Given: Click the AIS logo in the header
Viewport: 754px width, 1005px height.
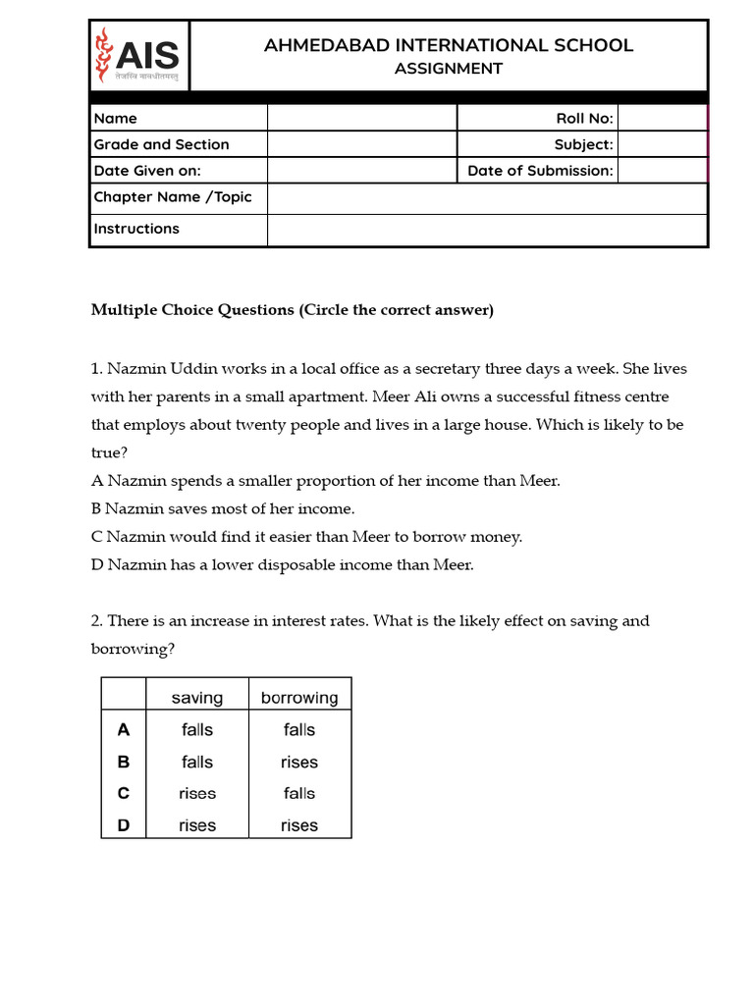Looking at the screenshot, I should tap(137, 55).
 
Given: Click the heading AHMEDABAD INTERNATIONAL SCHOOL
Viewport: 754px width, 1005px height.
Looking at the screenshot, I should tap(449, 45).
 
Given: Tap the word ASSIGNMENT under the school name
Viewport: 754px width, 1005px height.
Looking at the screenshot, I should tap(448, 69).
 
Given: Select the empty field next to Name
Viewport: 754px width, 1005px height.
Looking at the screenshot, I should tap(361, 118).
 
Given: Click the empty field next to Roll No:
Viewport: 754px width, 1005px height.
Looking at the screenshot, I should tap(662, 118).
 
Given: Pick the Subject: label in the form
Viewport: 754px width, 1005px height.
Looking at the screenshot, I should tap(583, 144).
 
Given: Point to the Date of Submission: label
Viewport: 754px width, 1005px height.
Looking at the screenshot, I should tap(540, 171).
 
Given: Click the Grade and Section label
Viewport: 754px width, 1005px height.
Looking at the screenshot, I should tap(161, 144).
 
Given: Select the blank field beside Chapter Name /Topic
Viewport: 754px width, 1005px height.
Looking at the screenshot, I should tap(486, 197).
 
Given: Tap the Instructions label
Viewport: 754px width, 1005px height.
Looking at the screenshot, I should tap(136, 229).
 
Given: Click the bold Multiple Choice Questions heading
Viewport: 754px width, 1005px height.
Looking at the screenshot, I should tap(292, 310).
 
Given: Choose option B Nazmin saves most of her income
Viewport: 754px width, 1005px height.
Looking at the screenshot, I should tap(223, 508).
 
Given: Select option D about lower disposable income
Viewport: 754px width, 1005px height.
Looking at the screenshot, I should tap(283, 564).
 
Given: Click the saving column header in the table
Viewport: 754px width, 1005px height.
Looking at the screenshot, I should tap(197, 698).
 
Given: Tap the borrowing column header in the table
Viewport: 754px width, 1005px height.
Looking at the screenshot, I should tap(299, 698).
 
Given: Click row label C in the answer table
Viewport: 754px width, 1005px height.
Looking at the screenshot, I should tap(124, 793).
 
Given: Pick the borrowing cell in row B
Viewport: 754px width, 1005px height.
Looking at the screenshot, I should tap(299, 762).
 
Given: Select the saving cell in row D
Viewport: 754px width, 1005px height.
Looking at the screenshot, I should tap(197, 825).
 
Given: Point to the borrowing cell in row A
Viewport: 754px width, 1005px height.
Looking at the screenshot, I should tap(299, 729).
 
